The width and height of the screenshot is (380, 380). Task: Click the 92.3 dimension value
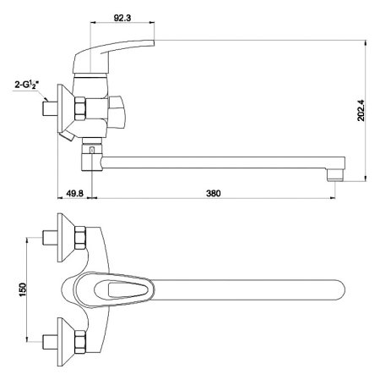pyautogui.click(x=122, y=18)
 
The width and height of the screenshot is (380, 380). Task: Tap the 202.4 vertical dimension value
pyautogui.click(x=361, y=110)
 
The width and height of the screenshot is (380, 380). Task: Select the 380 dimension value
pyautogui.click(x=214, y=193)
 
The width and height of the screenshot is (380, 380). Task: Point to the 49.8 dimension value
pyautogui.click(x=74, y=193)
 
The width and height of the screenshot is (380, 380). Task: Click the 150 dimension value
pyautogui.click(x=22, y=289)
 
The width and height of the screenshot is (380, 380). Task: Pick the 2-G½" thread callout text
pyautogui.click(x=27, y=85)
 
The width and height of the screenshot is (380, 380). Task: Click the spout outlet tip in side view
pyautogui.click(x=336, y=175)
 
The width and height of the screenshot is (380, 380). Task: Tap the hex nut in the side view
pyautogui.click(x=80, y=108)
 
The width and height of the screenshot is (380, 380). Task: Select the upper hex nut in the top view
pyautogui.click(x=80, y=238)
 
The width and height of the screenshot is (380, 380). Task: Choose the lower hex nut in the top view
pyautogui.click(x=80, y=342)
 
